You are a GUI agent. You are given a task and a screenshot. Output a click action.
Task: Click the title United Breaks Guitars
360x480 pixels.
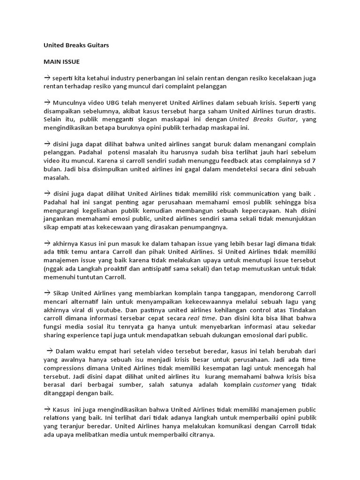pos(76,45)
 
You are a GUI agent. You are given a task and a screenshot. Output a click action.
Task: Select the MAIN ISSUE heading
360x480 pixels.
pos(62,61)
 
